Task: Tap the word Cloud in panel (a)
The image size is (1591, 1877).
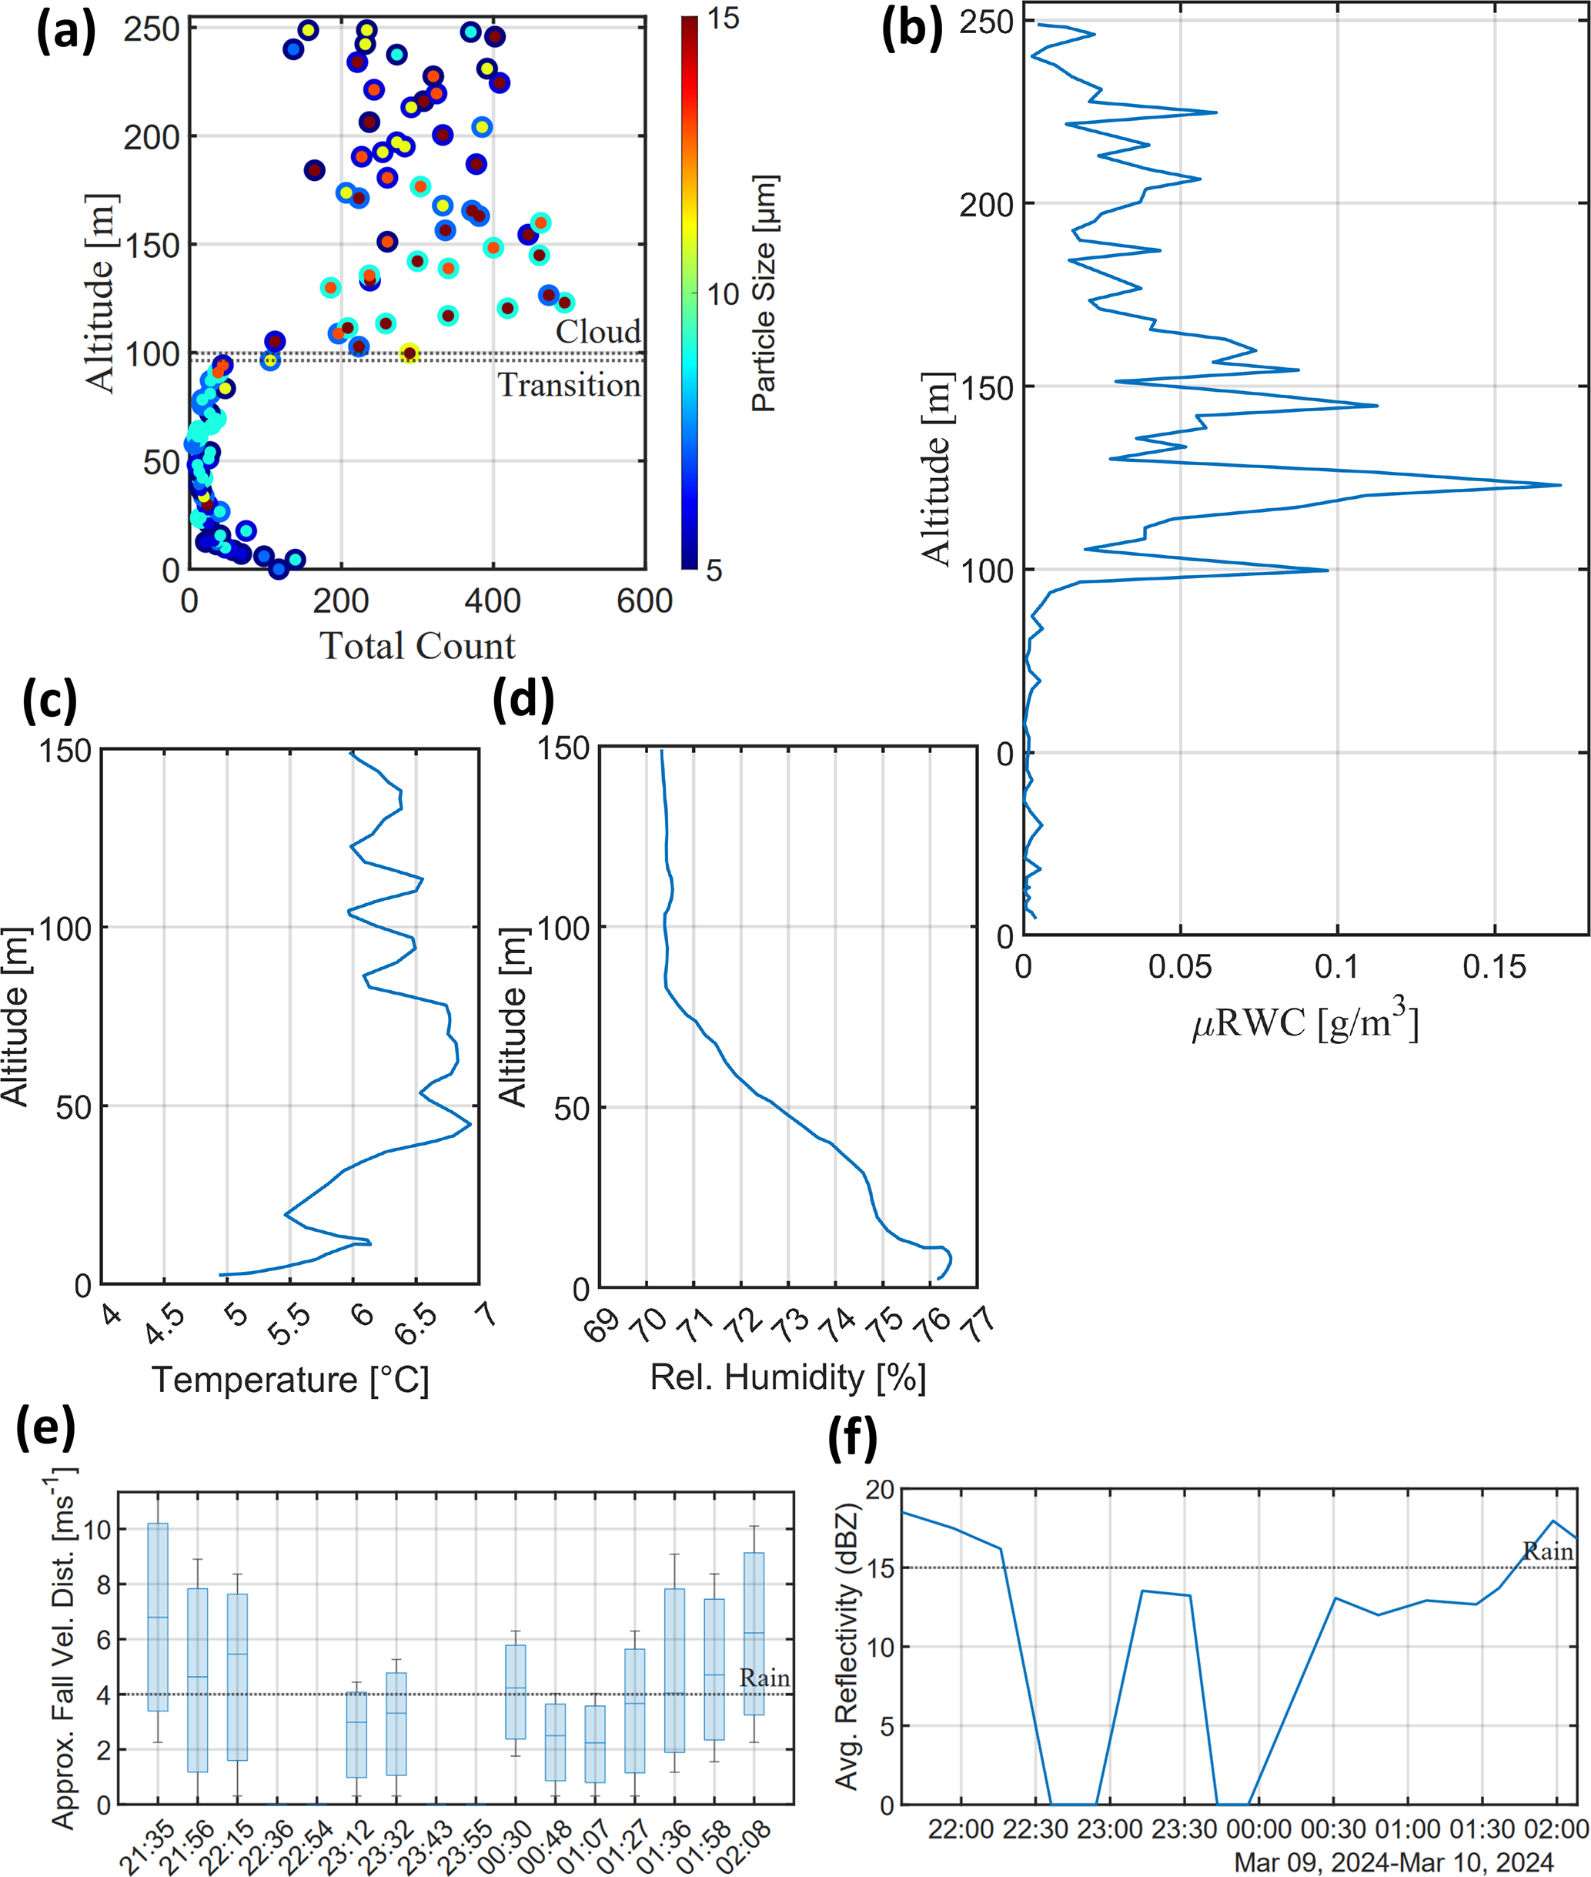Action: [x=597, y=332]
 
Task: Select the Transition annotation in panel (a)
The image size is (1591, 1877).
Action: [x=569, y=385]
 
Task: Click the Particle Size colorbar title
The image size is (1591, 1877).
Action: [x=764, y=293]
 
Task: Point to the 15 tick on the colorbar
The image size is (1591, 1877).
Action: [x=723, y=19]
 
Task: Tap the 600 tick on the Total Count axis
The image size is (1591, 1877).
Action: [x=644, y=601]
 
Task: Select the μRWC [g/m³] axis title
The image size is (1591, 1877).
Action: [x=1305, y=1021]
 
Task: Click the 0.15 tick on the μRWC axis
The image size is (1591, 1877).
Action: [x=1493, y=967]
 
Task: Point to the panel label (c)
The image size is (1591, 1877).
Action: [x=49, y=701]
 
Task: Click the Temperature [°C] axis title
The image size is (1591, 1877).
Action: [x=289, y=1379]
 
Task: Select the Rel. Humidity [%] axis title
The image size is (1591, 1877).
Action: [x=788, y=1377]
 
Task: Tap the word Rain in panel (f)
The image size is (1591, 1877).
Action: [x=1548, y=1551]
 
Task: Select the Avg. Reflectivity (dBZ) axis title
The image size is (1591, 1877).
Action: [x=846, y=1647]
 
